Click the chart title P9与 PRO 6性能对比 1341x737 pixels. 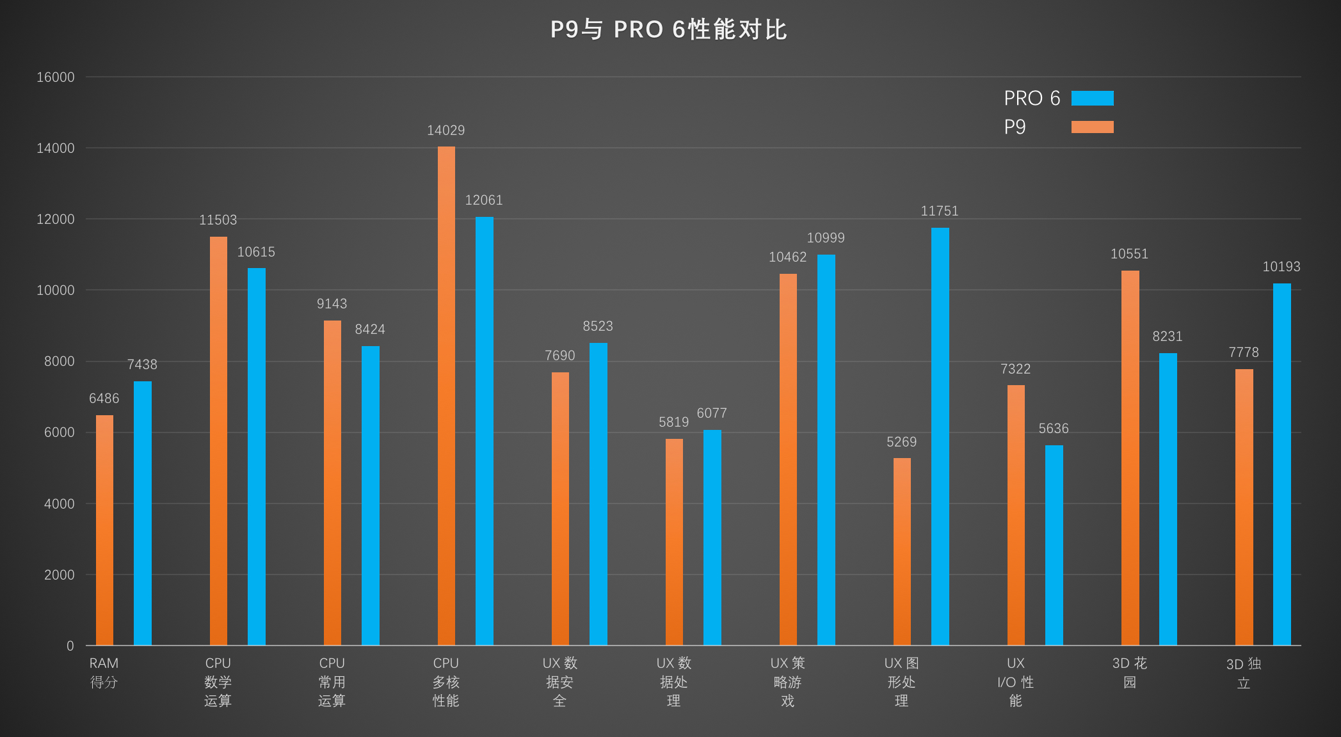pos(669,29)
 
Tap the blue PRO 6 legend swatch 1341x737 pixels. pos(1092,98)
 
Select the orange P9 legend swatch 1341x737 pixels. pos(1092,127)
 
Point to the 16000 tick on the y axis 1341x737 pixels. pos(56,77)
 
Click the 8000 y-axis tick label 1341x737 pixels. pos(59,361)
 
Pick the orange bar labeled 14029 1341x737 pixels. pos(446,397)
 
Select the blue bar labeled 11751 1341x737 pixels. pos(940,435)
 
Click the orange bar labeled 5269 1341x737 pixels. pos(902,550)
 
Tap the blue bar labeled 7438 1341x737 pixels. pos(143,512)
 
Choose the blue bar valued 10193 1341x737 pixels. pos(1281,464)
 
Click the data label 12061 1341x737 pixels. pos(484,200)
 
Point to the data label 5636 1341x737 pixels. pos(1054,429)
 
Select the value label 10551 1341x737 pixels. pos(1129,254)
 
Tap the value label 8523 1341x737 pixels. pos(598,326)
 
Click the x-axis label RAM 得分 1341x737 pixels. pos(104,672)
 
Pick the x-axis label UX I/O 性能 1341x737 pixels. pos(1016,681)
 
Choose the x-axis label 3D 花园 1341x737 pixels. pos(1130,672)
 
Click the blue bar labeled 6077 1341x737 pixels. pos(712,537)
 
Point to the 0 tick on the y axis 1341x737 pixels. pos(70,646)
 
